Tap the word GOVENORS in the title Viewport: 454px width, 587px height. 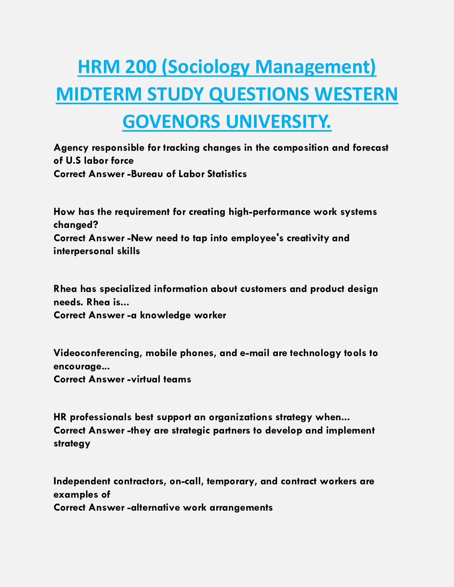click(171, 122)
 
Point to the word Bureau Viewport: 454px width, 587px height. click(147, 174)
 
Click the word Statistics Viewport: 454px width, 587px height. click(227, 174)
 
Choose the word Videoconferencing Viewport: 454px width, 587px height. click(97, 353)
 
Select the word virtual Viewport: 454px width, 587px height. click(146, 379)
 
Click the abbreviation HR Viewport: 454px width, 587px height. click(60, 417)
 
